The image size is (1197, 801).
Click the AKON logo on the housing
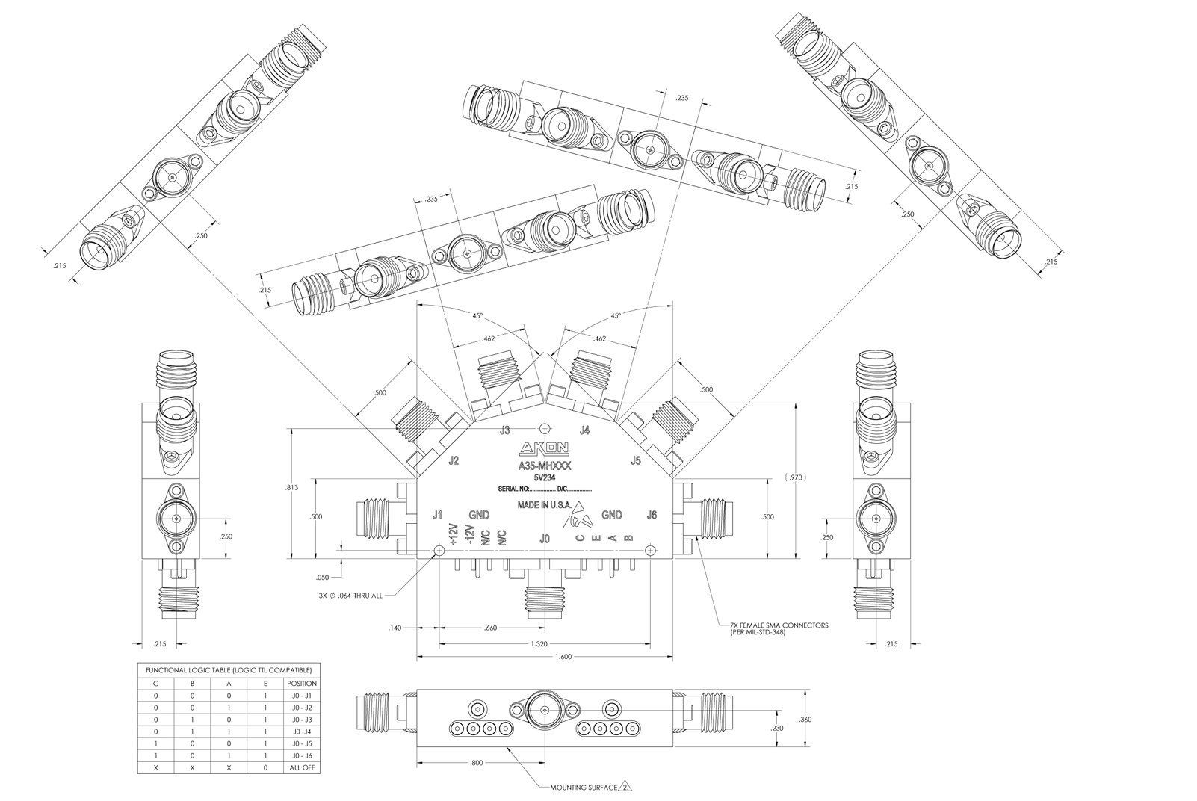545,448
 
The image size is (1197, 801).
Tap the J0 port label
545,538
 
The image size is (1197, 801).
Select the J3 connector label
505,430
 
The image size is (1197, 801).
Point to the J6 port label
652,515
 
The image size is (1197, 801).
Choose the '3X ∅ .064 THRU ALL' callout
349,596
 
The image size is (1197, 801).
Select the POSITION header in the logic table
302,684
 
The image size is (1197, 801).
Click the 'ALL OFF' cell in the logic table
302,768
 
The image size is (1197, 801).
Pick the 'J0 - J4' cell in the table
302,732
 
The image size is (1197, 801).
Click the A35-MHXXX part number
545,465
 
